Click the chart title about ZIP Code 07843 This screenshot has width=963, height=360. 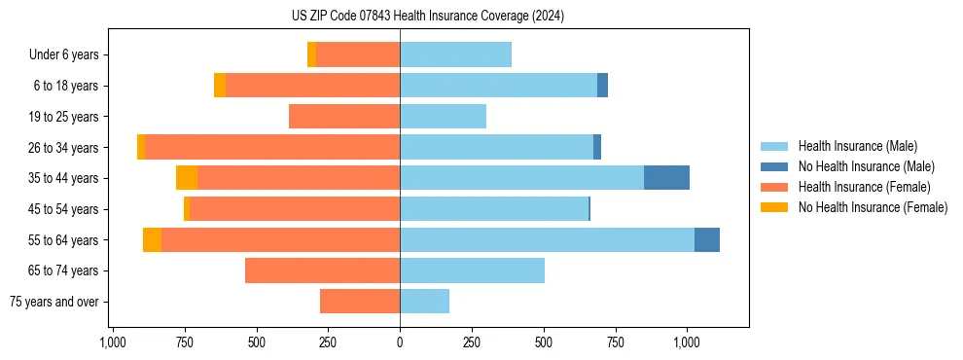point(427,17)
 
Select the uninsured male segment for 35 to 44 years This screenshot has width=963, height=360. point(666,178)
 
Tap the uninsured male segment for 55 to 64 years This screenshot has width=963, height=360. point(706,239)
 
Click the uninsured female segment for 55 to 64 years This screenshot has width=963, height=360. point(152,239)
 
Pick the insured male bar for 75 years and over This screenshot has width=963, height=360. point(424,302)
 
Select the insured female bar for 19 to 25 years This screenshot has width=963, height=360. point(344,117)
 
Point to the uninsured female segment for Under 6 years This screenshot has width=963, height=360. point(311,54)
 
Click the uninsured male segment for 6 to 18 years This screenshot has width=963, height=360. point(602,86)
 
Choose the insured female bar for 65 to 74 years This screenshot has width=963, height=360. point(322,270)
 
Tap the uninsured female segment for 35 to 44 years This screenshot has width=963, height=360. point(187,178)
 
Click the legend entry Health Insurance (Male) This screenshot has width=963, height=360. point(857,146)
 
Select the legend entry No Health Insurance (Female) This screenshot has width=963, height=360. point(873,207)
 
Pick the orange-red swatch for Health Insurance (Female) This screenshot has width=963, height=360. point(774,187)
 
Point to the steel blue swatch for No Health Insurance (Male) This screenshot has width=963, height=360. point(774,166)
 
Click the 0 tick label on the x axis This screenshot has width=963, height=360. point(400,342)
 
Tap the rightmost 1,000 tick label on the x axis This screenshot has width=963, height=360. point(687,342)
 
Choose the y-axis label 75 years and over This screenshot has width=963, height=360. point(54,302)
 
